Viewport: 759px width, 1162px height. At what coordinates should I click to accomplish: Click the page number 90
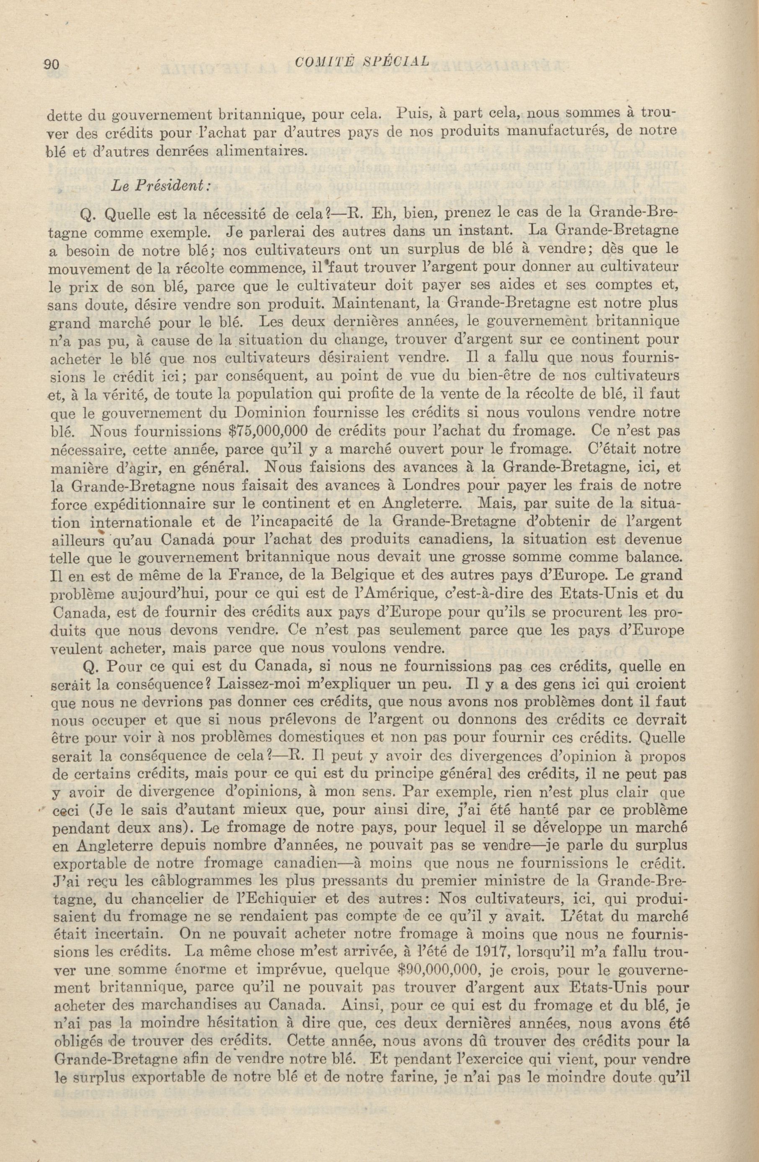51,64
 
